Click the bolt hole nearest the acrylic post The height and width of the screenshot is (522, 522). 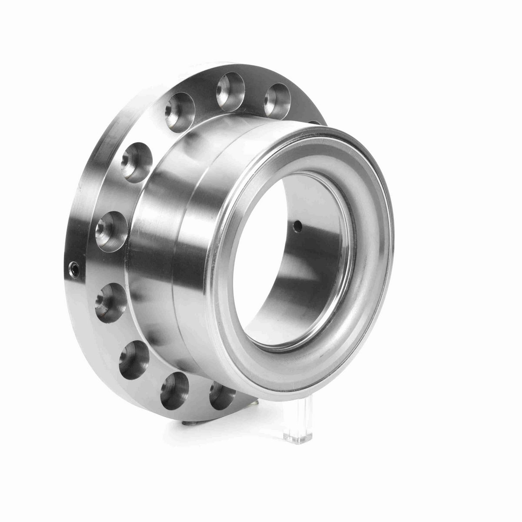(x=222, y=394)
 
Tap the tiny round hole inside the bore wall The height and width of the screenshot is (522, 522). (x=298, y=225)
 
